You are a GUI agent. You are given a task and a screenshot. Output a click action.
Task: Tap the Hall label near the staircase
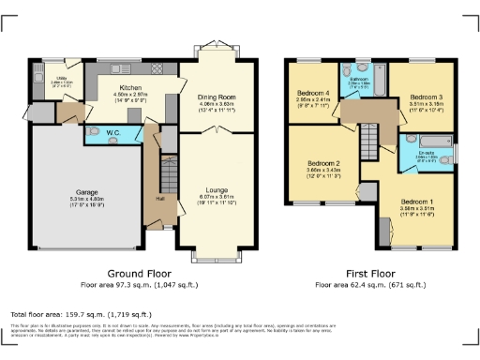tap(160, 197)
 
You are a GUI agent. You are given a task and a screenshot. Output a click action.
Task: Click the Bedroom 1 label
tap(417, 201)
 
